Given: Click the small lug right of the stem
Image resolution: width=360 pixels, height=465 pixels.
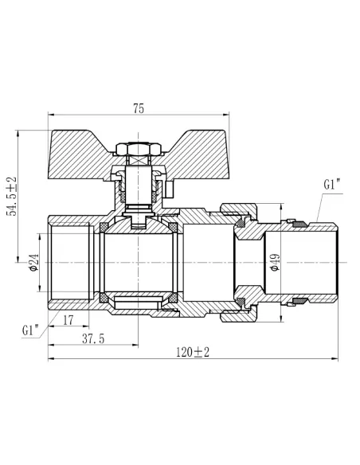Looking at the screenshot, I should (x=170, y=189).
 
